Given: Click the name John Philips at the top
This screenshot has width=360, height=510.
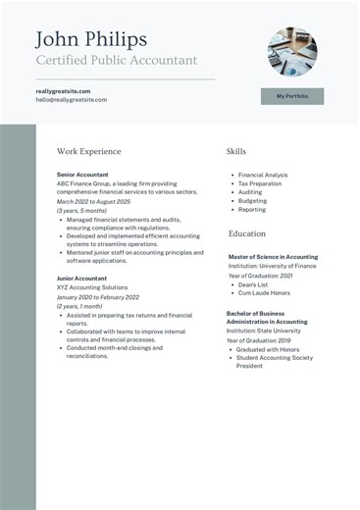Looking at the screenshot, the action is tap(91, 39).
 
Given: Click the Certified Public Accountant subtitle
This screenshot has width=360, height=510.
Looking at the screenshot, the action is tap(117, 61).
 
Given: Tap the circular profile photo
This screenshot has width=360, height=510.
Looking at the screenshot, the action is tap(292, 51).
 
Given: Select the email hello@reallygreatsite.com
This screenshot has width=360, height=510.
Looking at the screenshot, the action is tap(72, 100).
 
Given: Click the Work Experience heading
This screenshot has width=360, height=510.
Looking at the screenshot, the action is tap(89, 152).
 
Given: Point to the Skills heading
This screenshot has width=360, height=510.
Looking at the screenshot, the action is tap(236, 152).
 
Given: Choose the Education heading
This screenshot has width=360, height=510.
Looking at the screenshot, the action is tap(247, 234).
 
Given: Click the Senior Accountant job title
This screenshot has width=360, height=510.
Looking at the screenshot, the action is tap(82, 175).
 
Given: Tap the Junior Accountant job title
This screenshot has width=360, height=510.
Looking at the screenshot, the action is tap(82, 279).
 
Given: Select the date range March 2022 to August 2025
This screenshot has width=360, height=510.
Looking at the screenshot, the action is tap(93, 202).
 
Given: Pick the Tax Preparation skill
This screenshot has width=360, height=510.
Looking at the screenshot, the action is tap(260, 183).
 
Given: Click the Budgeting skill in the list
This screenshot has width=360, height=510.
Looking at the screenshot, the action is tap(252, 201).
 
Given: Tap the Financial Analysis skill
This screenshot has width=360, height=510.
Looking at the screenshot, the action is tap(263, 175).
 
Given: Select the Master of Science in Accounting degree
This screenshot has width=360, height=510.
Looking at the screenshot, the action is tap(273, 257).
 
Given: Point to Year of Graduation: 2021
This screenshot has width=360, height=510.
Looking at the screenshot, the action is tap(261, 276).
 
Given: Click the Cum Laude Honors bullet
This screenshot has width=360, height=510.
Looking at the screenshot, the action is tap(264, 292).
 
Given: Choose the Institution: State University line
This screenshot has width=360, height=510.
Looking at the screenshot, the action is tap(264, 331).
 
